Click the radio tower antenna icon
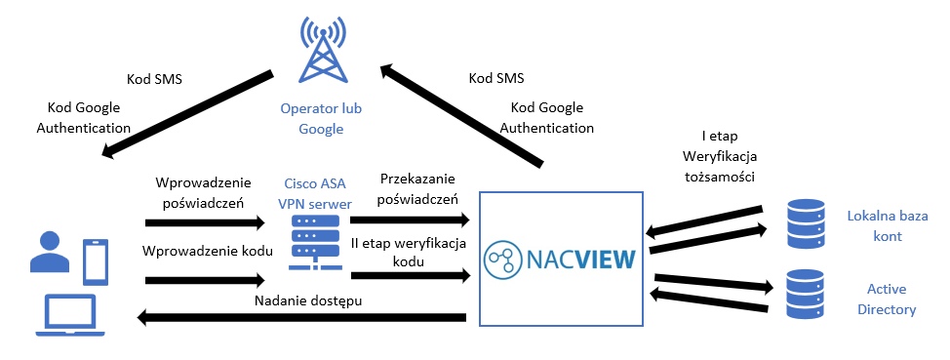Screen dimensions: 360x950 coord(321,54)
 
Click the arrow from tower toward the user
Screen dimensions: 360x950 coord(184,111)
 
